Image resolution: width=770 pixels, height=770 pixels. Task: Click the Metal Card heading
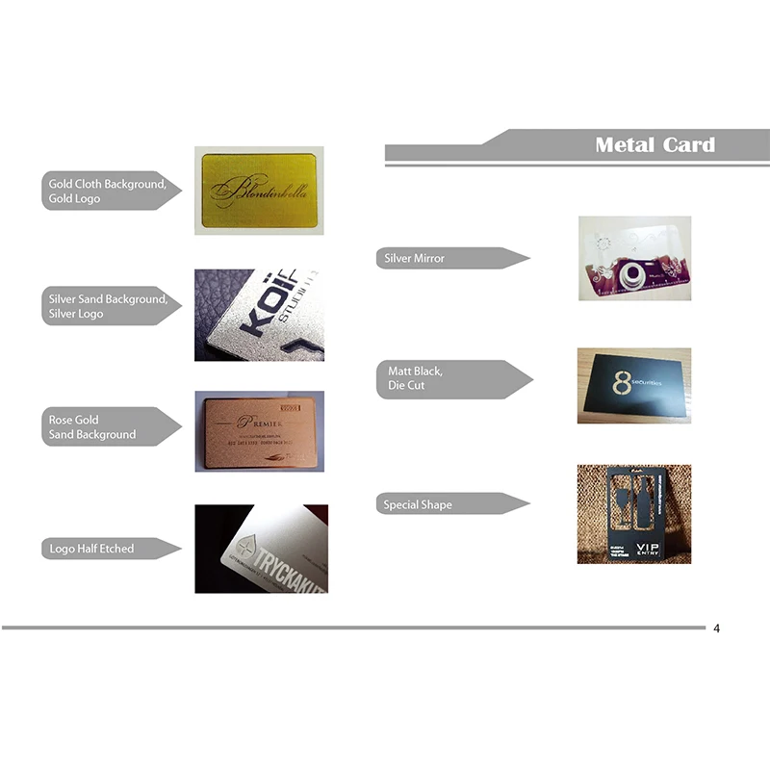(654, 145)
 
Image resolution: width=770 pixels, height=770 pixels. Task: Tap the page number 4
(716, 629)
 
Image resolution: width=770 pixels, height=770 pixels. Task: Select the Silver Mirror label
(415, 258)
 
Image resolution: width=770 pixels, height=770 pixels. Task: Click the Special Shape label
(418, 504)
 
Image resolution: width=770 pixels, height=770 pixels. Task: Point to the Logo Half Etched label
(91, 549)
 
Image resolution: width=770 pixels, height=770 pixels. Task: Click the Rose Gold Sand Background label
(92, 427)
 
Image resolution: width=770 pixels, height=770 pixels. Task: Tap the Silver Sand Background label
(108, 306)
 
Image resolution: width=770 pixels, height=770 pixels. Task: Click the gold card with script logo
(259, 191)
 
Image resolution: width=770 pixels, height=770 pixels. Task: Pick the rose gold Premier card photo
(259, 430)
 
